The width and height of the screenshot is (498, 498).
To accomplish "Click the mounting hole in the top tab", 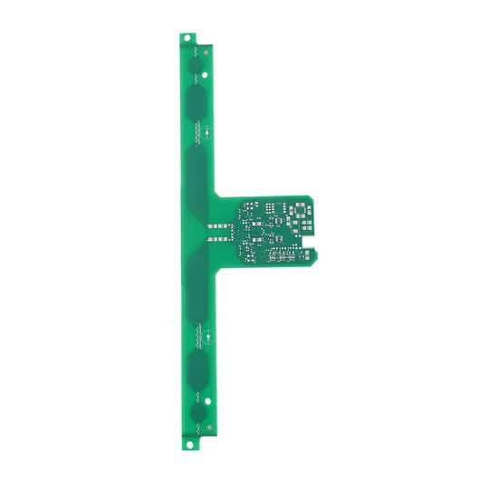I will coord(187,38).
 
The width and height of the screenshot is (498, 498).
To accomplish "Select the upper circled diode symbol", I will coord(207,132).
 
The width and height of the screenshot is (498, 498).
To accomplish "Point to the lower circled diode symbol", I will coord(207,338).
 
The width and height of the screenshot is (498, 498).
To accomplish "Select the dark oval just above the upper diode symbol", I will coord(198,101).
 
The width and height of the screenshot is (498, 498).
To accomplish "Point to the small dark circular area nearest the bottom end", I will coord(198,416).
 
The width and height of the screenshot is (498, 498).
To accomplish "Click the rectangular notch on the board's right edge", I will coord(313,243).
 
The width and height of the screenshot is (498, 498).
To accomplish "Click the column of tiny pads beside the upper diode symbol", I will coord(194,132).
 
